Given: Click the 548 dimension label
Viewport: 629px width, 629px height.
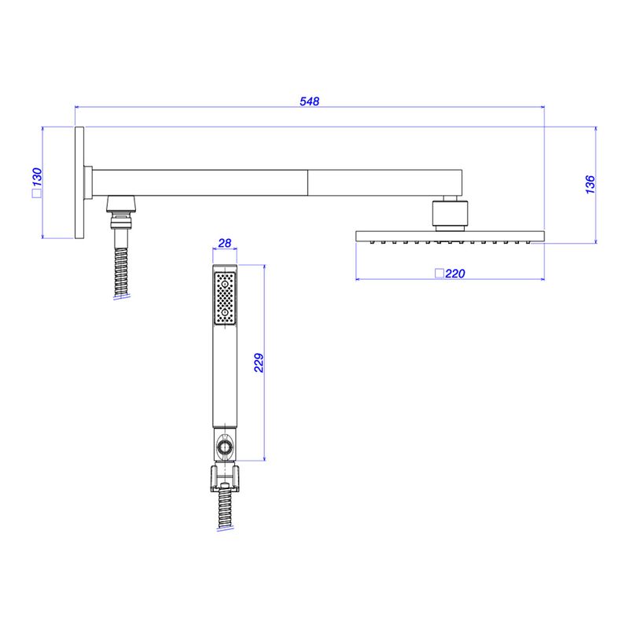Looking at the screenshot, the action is tap(309, 101).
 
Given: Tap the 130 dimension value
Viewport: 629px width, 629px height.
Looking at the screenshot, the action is tap(37, 178).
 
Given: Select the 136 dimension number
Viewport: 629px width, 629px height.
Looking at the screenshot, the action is tap(590, 185).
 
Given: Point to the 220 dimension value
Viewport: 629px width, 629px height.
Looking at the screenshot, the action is tap(455, 274).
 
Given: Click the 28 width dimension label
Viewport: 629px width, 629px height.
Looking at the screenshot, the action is tap(225, 243).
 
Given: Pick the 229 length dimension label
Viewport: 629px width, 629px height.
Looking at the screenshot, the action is tap(259, 363).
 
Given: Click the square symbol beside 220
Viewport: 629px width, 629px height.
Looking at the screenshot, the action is tap(440, 273).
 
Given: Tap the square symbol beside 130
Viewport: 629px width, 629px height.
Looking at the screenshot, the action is tap(36, 193).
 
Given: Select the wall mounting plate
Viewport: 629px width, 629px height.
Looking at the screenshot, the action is tap(79, 183).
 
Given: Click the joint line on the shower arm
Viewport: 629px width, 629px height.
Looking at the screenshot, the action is tap(307, 183).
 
